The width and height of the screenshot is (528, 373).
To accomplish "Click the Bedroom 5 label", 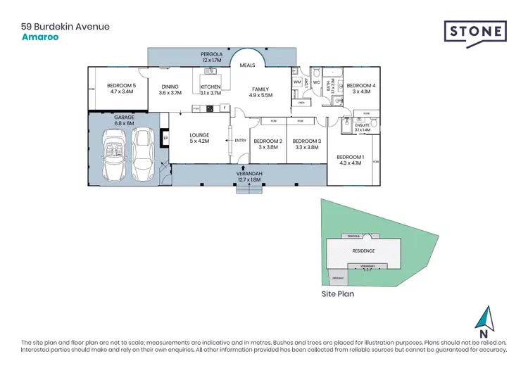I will [121, 88].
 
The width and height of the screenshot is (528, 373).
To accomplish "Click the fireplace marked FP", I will [165, 139].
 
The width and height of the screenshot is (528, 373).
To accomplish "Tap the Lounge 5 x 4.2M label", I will [200, 139].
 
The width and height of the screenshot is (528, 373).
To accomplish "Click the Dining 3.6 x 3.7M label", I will [170, 89].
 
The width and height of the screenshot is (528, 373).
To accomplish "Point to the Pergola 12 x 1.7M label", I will [213, 57].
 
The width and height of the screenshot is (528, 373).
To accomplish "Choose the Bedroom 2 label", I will [270, 144].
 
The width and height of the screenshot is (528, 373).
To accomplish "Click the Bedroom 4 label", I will [360, 88].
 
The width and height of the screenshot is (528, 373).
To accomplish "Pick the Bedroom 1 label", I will [350, 160].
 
